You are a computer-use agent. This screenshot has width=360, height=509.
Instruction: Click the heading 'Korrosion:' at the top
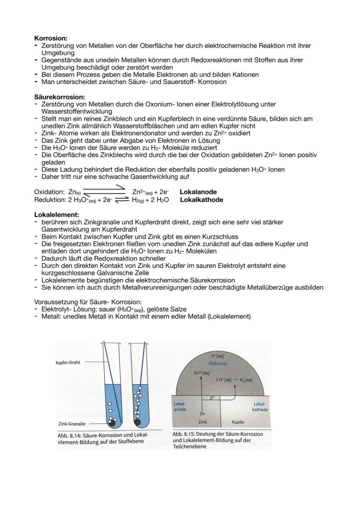[x=51, y=39]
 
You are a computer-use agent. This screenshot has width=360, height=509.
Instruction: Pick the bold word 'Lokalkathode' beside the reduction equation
[x=201, y=200]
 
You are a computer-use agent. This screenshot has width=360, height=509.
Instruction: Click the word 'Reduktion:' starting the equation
[x=50, y=200]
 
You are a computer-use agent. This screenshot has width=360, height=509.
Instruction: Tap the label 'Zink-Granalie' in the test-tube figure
[x=71, y=423]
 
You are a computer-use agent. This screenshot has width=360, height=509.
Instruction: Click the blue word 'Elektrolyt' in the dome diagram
[x=218, y=363]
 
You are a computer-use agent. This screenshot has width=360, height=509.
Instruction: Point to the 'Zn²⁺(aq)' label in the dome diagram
[x=201, y=373]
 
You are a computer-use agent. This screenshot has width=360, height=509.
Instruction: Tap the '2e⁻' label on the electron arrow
[x=212, y=397]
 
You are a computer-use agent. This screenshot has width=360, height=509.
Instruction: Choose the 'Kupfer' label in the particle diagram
[x=238, y=422]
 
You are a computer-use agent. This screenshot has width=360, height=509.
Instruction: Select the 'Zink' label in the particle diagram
[x=203, y=422]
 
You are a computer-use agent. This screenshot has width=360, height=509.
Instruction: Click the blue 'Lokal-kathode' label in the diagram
[x=260, y=407]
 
